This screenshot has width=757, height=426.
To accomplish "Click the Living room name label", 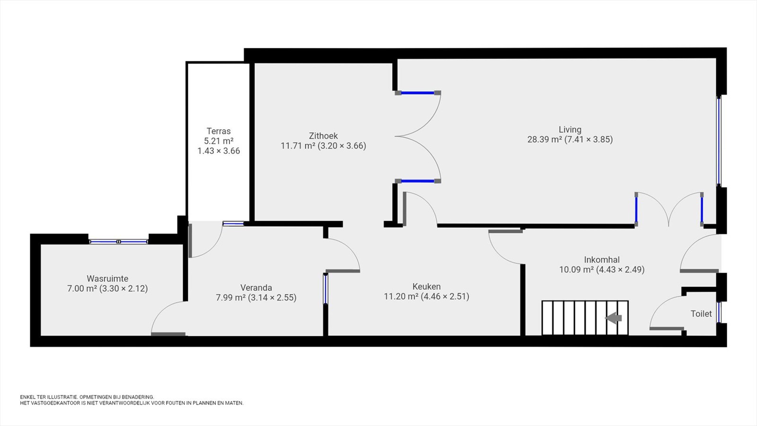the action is click(570, 130).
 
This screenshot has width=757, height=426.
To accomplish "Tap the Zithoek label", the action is click(324, 136).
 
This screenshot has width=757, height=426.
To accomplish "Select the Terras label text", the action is click(219, 131).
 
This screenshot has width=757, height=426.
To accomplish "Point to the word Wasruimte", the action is click(107, 279).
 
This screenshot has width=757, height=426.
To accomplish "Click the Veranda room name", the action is click(256, 288).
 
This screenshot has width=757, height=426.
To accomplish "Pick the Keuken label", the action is click(426, 287).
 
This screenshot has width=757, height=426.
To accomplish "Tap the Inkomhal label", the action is click(602, 260).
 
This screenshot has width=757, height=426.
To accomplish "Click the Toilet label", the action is click(701, 314).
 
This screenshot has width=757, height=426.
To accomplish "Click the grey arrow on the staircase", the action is click(613, 318).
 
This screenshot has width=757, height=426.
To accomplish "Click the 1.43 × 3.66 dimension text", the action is click(219, 151).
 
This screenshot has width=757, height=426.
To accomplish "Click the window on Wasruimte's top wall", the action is click(119, 241).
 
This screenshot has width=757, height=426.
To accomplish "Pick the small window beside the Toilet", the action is click(719, 312).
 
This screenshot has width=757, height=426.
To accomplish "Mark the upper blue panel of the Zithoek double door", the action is click(418, 93).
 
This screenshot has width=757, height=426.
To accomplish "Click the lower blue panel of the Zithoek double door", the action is click(418, 181).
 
